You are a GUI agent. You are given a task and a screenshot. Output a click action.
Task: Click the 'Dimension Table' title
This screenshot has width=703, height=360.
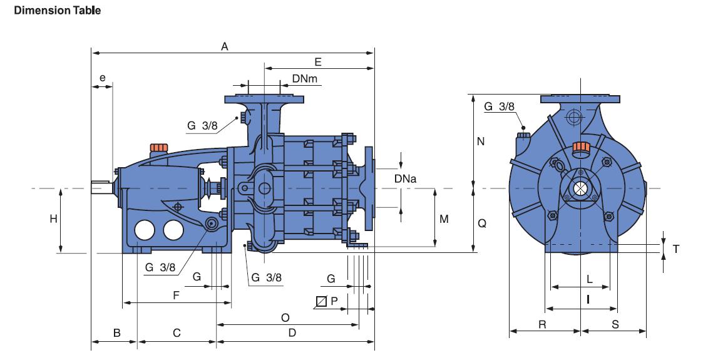(x=57, y=10)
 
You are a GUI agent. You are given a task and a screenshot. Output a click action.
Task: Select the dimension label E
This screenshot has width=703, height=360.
(x=318, y=61)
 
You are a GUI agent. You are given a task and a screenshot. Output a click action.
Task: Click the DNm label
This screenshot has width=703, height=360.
(x=305, y=78)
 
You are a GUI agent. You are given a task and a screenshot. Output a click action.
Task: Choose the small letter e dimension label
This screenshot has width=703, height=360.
(x=103, y=79)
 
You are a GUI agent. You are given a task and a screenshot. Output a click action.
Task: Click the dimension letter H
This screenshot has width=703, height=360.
(x=54, y=219)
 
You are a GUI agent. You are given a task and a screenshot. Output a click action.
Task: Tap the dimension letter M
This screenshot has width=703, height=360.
(x=444, y=219)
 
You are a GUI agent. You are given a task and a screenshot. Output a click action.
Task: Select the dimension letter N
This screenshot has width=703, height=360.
(x=481, y=141)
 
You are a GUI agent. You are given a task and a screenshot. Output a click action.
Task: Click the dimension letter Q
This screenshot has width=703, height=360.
(x=481, y=223)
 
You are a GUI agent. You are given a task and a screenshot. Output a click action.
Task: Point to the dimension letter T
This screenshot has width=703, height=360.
(x=675, y=249)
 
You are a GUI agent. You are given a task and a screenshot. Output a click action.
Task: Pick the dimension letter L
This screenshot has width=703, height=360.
(x=589, y=278)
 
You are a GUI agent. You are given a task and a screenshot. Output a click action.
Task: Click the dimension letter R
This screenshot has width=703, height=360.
(x=543, y=324)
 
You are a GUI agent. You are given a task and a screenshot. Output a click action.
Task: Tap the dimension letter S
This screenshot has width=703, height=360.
(x=615, y=324)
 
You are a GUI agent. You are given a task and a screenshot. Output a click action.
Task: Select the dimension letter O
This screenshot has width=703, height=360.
(x=285, y=317)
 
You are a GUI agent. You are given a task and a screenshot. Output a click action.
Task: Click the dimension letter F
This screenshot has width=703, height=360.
(x=177, y=294)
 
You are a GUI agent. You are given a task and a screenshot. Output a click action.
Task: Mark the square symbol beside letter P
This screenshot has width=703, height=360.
(x=321, y=301)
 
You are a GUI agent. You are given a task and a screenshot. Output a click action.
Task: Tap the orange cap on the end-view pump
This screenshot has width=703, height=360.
(x=582, y=148)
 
